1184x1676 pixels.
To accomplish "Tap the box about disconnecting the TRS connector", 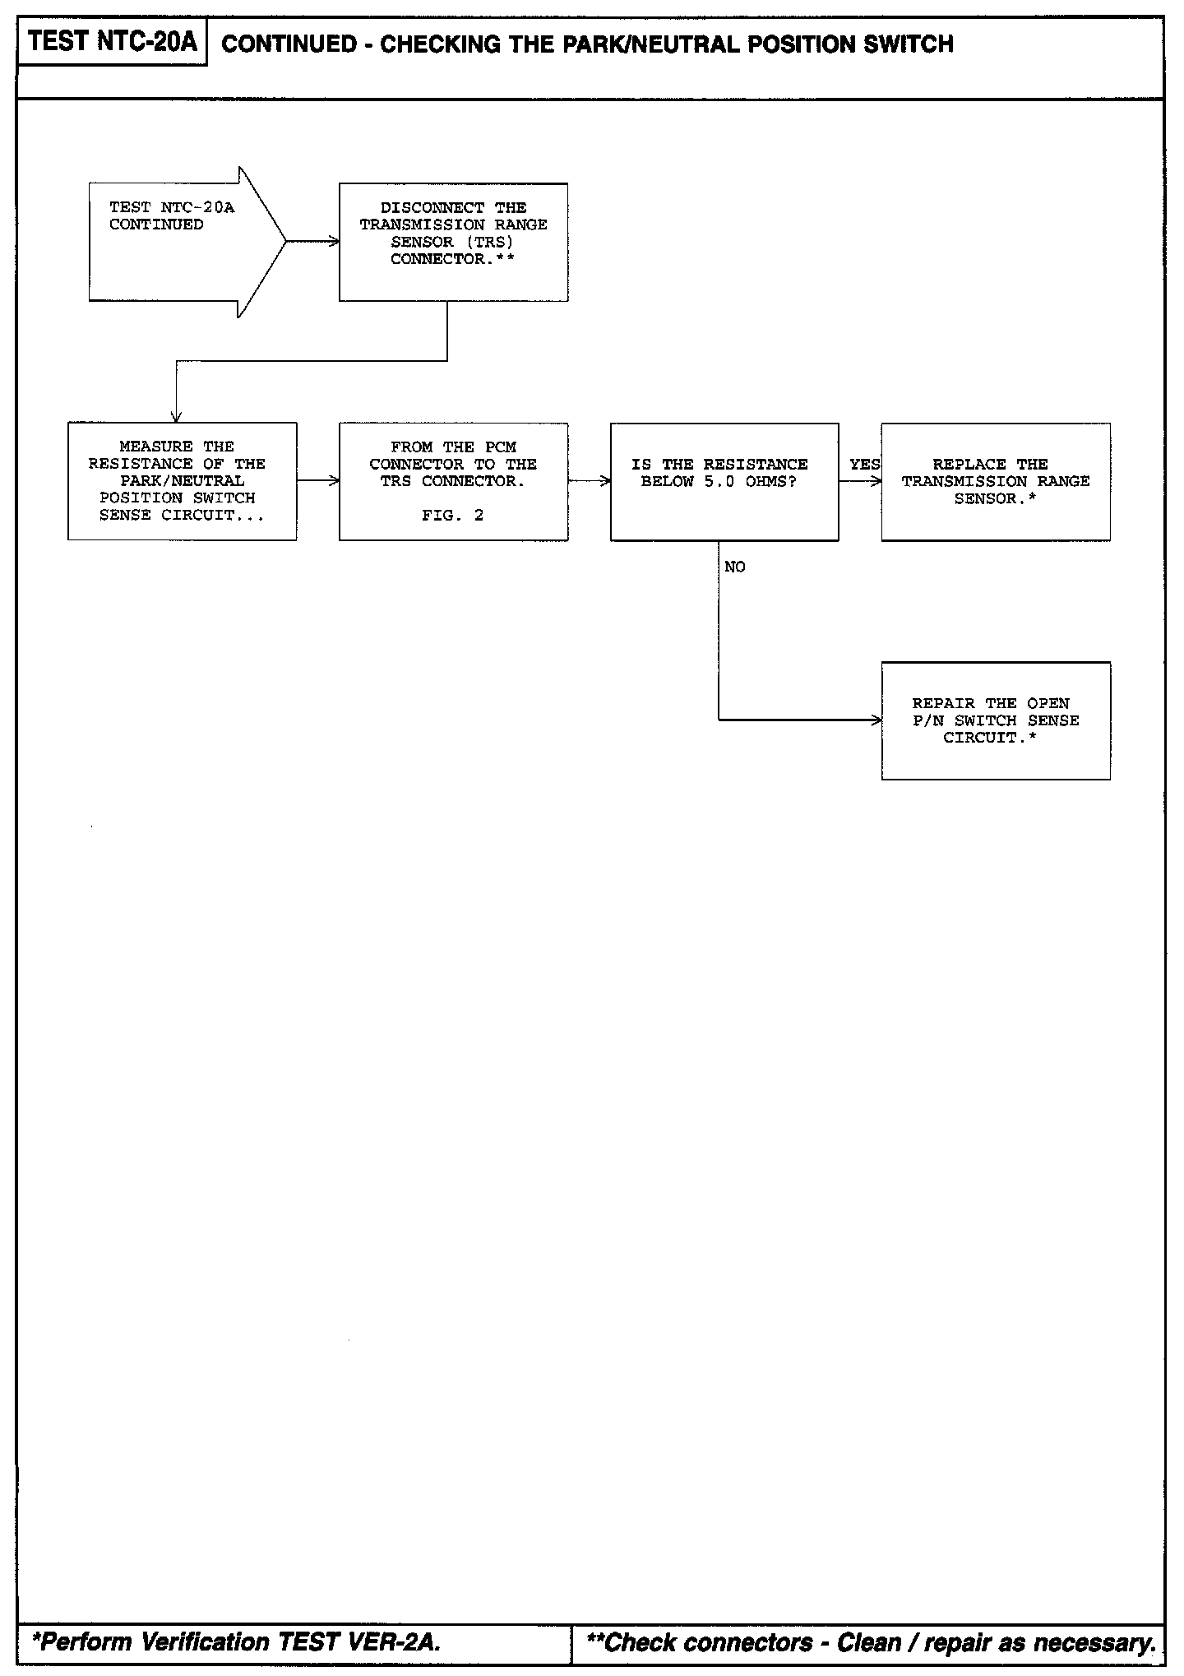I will (x=453, y=242).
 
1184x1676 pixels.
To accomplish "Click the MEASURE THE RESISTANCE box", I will (x=182, y=481).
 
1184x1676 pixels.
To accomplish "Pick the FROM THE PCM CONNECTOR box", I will (x=453, y=481).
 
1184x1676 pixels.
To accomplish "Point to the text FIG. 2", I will (x=453, y=516).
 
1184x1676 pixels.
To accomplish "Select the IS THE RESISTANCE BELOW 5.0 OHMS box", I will (x=724, y=481).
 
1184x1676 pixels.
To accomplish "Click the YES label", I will (x=864, y=465).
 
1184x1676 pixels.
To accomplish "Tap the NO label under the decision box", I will (x=735, y=567).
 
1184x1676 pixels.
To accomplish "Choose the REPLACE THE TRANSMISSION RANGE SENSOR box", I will (x=995, y=481).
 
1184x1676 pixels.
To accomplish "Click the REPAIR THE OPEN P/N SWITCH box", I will (x=995, y=720).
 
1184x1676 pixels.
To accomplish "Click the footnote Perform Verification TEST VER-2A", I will (x=236, y=1642).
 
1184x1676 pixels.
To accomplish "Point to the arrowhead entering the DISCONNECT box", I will (x=334, y=242).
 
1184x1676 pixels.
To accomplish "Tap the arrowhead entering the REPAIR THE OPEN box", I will (x=876, y=720).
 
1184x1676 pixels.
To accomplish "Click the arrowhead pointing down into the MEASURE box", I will (x=176, y=416).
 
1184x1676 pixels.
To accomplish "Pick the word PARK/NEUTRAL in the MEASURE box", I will (x=182, y=481).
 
